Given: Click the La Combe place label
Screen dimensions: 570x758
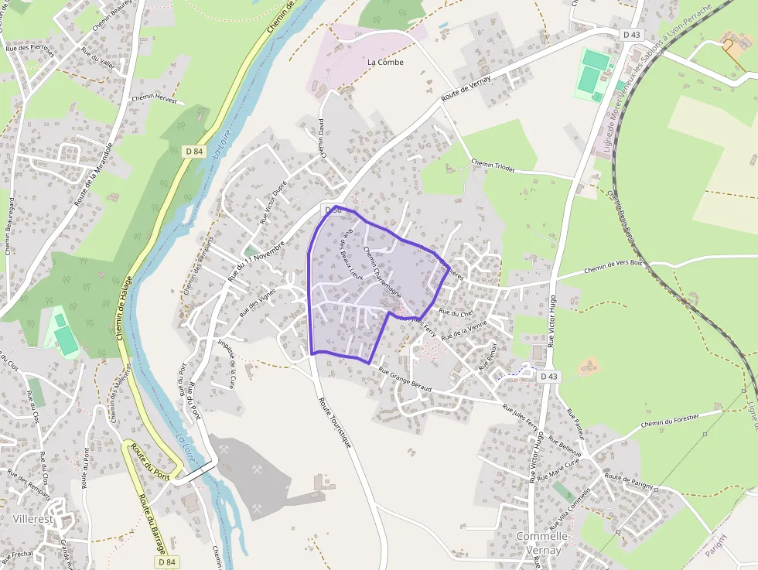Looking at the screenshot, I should pyautogui.click(x=385, y=63).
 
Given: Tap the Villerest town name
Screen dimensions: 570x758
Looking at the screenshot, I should pyautogui.click(x=33, y=519).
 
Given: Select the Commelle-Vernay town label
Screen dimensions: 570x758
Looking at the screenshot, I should pyautogui.click(x=544, y=543).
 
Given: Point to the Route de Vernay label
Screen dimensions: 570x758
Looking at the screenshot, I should pyautogui.click(x=466, y=91).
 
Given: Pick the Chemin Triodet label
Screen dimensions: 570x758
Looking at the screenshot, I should pyautogui.click(x=493, y=166).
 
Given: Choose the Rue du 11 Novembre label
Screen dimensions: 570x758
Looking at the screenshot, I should pyautogui.click(x=254, y=263).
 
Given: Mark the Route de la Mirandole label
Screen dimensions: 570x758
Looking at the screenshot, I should pyautogui.click(x=94, y=173).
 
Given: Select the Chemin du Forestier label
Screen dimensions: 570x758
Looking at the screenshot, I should pyautogui.click(x=670, y=420).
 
